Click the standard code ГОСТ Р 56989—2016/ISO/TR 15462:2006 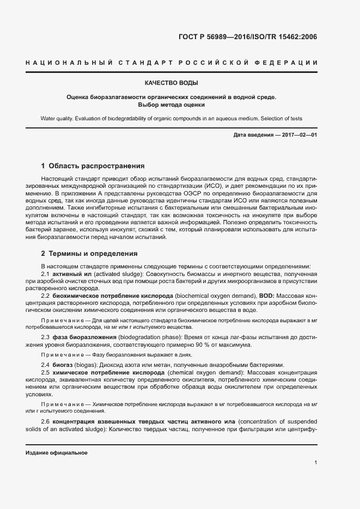(247, 37)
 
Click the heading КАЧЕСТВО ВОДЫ (171, 83)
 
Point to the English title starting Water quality (171, 118)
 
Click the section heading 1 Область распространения (93, 165)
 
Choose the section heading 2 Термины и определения (90, 254)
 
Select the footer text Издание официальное (56, 453)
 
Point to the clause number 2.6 (46, 422)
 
